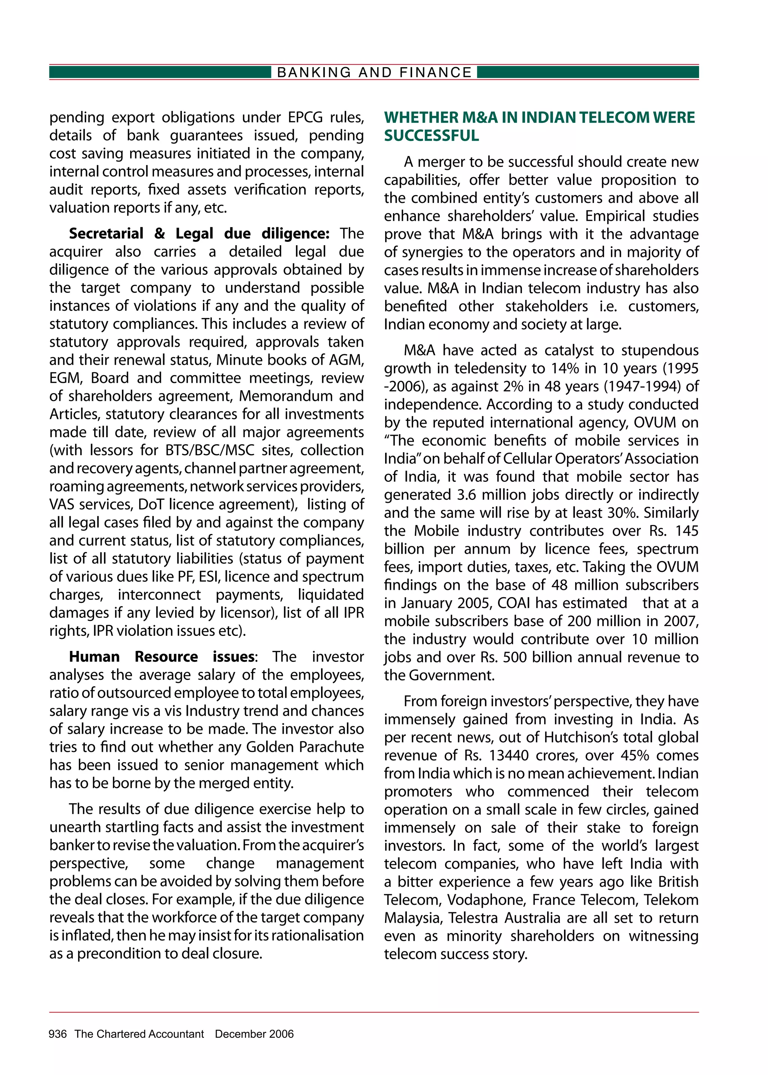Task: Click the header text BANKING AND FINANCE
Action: point(374,72)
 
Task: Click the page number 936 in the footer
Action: point(58,1034)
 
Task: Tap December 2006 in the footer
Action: point(254,1034)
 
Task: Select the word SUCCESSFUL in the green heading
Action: point(431,136)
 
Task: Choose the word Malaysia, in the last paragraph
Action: point(413,918)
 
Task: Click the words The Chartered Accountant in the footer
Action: point(139,1034)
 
